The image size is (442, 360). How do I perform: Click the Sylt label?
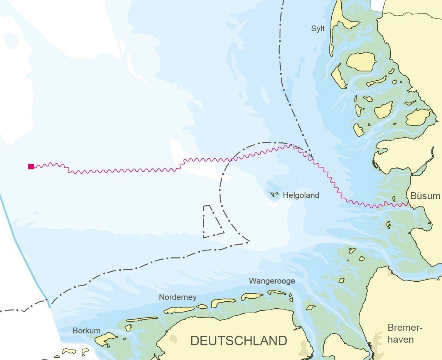[318, 29]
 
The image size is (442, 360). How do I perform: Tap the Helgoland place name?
[301, 195]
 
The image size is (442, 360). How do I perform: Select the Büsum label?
[425, 196]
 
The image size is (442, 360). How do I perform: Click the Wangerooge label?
[272, 281]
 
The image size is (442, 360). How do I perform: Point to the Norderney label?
[177, 297]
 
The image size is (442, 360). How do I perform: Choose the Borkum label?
[86, 331]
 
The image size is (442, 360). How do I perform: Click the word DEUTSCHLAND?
[239, 341]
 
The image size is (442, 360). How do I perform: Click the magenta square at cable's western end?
[31, 166]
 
